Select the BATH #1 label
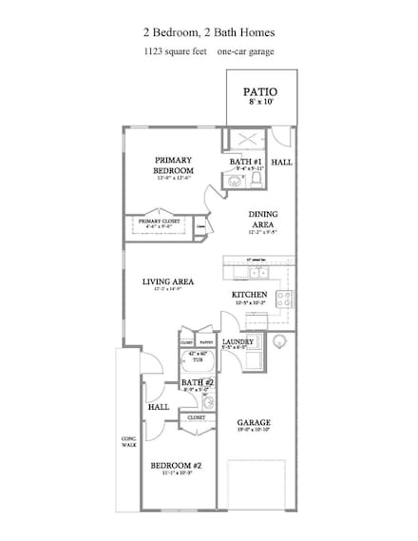point(246,163)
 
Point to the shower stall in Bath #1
point(237,138)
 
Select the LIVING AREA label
point(168,281)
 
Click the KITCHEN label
point(249,295)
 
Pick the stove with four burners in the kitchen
point(282,298)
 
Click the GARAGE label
point(254,421)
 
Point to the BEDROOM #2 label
point(177,466)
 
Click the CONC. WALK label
point(129,441)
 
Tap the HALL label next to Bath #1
point(282,163)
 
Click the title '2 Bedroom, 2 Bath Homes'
point(208,30)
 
